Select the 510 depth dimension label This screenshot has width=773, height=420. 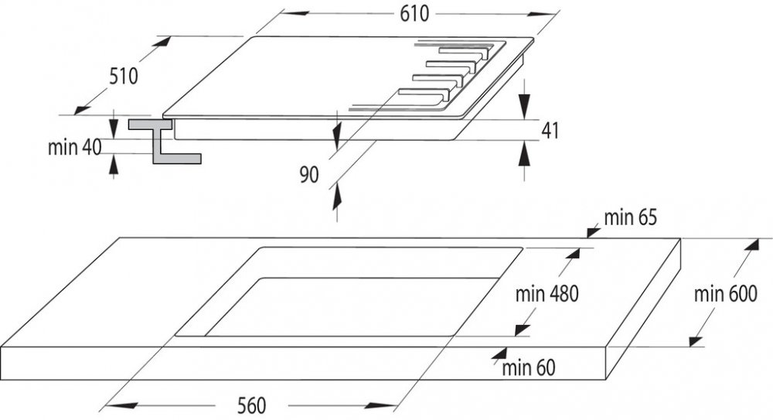pyautogui.click(x=123, y=77)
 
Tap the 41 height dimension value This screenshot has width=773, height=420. pyautogui.click(x=549, y=131)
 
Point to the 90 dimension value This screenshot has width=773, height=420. pyautogui.click(x=309, y=176)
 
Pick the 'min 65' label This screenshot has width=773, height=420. pyautogui.click(x=630, y=218)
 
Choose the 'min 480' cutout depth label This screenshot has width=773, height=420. pyautogui.click(x=547, y=294)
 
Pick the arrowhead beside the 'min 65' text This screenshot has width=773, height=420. pyautogui.click(x=593, y=229)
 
